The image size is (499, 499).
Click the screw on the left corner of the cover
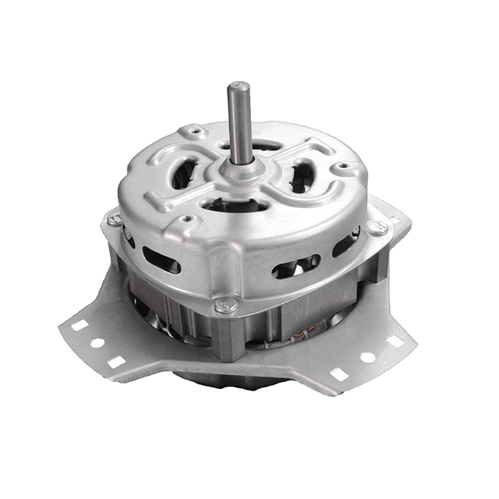114,221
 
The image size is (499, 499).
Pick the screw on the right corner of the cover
378,228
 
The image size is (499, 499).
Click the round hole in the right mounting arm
366,357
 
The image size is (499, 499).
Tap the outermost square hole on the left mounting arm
79,325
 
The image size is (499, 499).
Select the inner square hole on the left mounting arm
116,361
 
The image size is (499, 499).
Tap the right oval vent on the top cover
303,176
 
